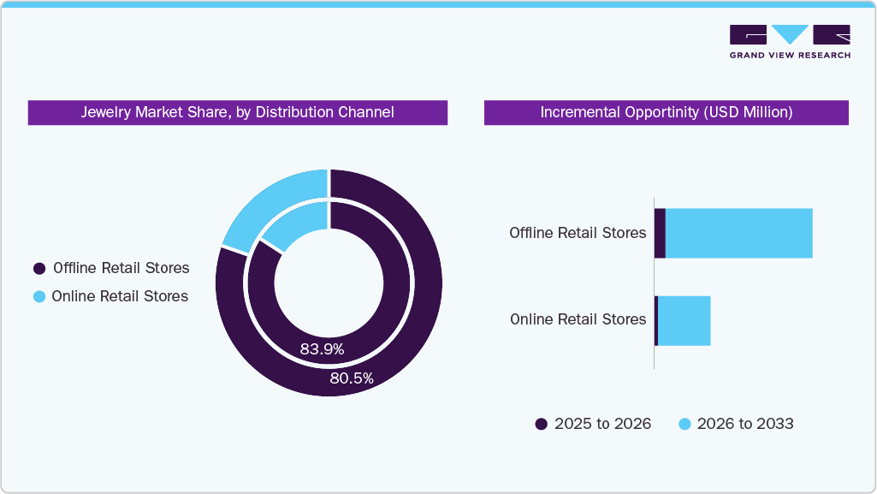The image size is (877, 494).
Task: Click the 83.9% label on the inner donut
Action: tap(322, 349)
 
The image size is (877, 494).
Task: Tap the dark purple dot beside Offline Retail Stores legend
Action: tap(39, 269)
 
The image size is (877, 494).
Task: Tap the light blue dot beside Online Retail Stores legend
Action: tap(39, 297)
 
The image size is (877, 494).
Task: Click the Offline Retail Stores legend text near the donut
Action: tap(121, 268)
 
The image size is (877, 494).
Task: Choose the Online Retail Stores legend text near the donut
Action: tap(120, 296)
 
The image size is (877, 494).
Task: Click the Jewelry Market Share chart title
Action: tap(237, 112)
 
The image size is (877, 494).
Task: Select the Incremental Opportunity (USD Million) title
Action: tap(666, 112)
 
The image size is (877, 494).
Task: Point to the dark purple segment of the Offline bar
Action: tap(660, 233)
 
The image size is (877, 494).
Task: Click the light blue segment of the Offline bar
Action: tap(738, 233)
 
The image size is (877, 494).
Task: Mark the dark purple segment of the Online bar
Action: tap(656, 321)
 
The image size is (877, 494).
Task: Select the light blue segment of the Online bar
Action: tap(684, 321)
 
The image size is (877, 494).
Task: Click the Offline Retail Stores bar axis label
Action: tap(578, 233)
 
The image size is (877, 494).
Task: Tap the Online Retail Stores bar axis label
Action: tap(578, 319)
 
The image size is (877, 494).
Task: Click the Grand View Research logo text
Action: tap(790, 56)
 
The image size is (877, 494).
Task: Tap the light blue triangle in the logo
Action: tap(790, 33)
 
